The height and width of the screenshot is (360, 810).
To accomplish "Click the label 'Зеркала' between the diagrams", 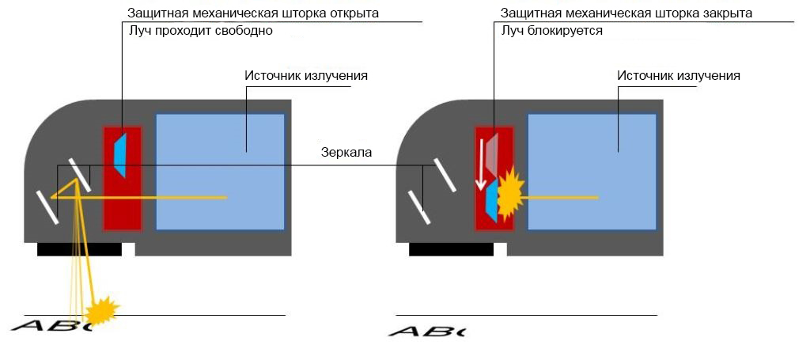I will pyautogui.click(x=346, y=153).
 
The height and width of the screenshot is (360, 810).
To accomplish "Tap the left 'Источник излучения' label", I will pyautogui.click(x=306, y=76).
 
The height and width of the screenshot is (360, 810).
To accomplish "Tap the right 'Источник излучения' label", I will pyautogui.click(x=678, y=76).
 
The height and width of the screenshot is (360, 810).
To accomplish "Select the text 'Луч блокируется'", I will pyautogui.click(x=551, y=32).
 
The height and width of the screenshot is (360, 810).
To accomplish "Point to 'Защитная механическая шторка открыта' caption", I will pyautogui.click(x=253, y=13).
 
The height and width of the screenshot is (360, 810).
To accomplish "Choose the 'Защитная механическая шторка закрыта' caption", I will pyautogui.click(x=626, y=13).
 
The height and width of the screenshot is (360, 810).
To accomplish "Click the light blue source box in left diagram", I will pyautogui.click(x=220, y=172).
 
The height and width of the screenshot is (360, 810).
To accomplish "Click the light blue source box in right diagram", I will pyautogui.click(x=592, y=172).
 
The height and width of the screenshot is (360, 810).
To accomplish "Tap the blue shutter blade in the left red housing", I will pyautogui.click(x=119, y=154).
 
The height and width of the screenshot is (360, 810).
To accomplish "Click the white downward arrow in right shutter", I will pyautogui.click(x=481, y=171).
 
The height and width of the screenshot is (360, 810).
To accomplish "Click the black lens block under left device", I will pyautogui.click(x=79, y=249).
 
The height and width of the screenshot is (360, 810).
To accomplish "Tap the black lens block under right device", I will pyautogui.click(x=451, y=249).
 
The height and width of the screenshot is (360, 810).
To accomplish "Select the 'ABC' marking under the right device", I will pyautogui.click(x=426, y=331).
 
